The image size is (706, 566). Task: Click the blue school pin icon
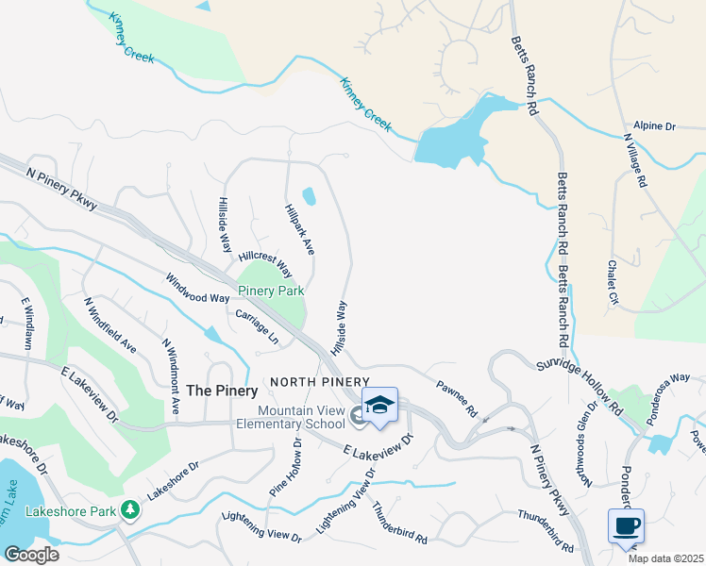(x=379, y=407)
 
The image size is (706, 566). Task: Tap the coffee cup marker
(x=624, y=525)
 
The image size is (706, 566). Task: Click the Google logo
(x=31, y=554)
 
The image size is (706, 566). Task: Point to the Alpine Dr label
(x=655, y=125)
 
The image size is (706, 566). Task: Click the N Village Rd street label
(x=634, y=159)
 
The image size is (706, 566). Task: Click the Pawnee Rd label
(x=458, y=397)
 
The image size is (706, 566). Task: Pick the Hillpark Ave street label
(x=299, y=228)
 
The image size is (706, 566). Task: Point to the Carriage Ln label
(x=257, y=326)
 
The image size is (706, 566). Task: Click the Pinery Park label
(x=270, y=291)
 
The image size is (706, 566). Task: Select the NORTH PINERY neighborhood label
(x=311, y=382)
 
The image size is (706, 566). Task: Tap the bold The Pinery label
(x=222, y=390)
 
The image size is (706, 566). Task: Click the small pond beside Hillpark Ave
(x=309, y=196)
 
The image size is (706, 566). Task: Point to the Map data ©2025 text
(x=666, y=558)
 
